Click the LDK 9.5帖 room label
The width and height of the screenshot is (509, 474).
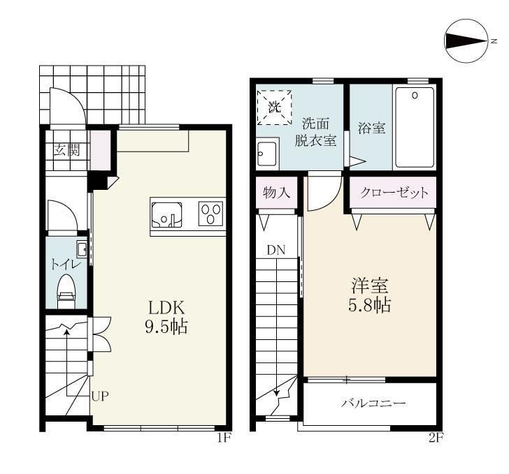(x=166, y=317)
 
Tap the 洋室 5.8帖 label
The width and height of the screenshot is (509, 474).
(x=370, y=295)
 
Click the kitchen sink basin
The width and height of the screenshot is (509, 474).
(x=166, y=215)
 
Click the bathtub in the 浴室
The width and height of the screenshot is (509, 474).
(x=415, y=127)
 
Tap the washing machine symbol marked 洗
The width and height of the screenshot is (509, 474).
(x=274, y=108)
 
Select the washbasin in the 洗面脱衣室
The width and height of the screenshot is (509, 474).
(x=268, y=154)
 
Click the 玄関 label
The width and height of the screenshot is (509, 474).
(x=66, y=150)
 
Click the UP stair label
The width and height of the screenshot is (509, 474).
(x=100, y=396)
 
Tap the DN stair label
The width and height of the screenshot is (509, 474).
(x=276, y=250)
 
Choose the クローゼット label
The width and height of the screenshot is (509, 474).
(x=394, y=193)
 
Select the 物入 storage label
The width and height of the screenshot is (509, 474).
(x=277, y=193)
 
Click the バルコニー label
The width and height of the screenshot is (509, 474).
(x=373, y=403)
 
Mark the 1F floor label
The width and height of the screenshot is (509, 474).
(x=224, y=438)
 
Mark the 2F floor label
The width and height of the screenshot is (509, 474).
(x=436, y=438)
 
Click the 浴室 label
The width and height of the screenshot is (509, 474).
(x=372, y=128)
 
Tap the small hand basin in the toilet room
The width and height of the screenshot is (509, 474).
(x=82, y=249)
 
